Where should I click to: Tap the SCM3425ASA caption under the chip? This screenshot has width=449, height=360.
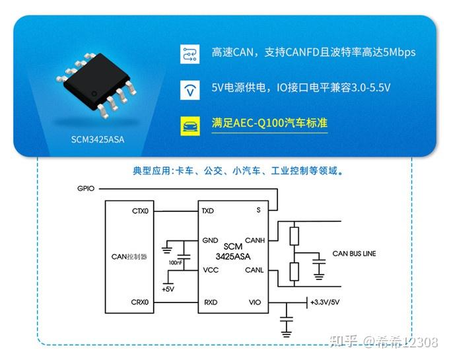(98, 139)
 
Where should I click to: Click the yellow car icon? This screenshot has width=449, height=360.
(190, 124)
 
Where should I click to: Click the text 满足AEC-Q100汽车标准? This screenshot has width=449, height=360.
(269, 124)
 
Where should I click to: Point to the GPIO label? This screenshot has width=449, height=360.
(86, 189)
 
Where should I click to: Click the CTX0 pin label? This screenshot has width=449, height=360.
(141, 211)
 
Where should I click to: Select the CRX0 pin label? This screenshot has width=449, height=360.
(141, 303)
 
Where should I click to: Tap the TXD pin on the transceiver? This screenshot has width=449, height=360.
(208, 211)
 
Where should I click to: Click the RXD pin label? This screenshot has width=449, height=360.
(209, 303)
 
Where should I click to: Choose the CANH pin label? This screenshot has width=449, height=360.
(255, 240)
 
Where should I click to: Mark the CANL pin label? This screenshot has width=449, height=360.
(255, 270)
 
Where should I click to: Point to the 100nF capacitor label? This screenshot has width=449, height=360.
(176, 262)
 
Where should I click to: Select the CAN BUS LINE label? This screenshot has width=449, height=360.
(355, 254)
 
